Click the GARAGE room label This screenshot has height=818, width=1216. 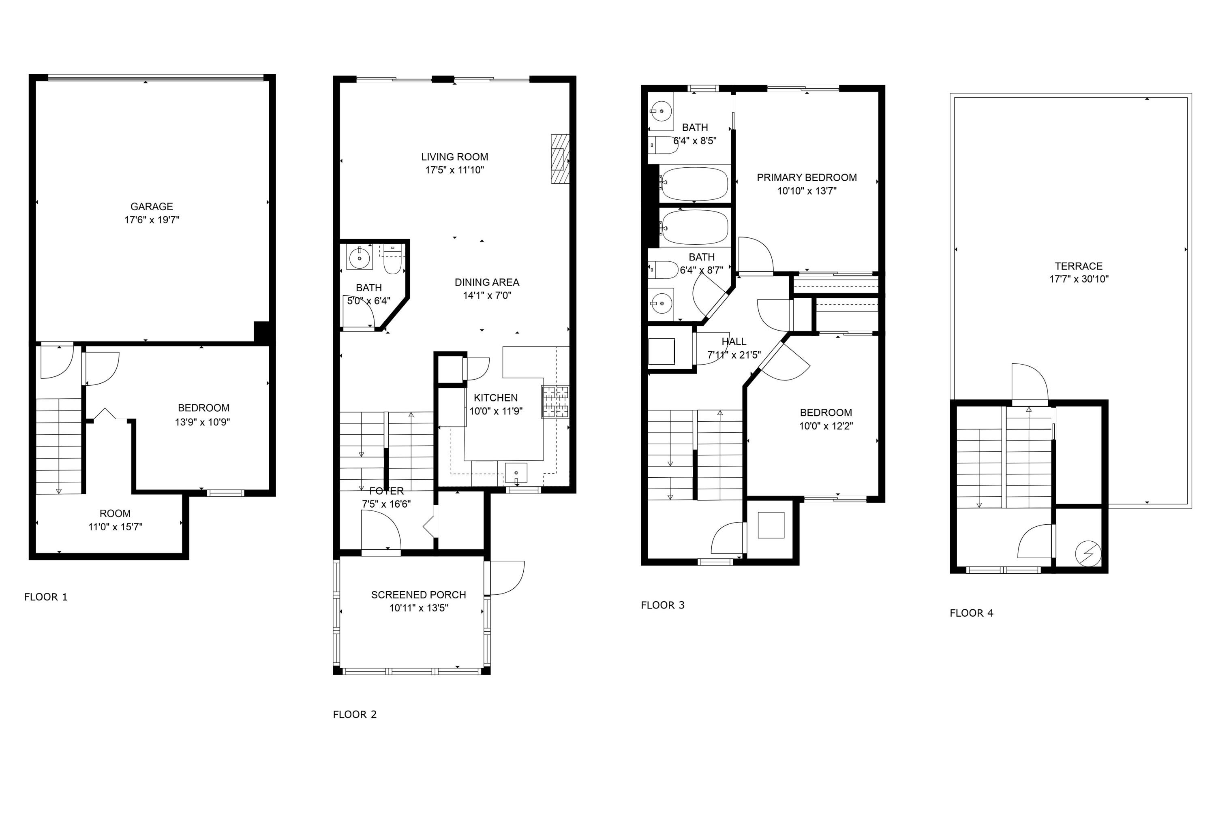pos(151,207)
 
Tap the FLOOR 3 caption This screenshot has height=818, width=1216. pos(662,605)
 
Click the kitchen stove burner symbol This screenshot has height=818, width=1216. pos(555,402)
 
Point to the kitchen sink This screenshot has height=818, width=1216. pos(516,473)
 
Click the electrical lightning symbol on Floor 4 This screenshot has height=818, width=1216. pos(1088,554)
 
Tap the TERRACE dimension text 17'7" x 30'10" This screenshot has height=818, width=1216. pos(1079,279)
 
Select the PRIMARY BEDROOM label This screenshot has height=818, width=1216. pos(806,177)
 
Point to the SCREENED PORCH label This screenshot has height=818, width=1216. pos(418,595)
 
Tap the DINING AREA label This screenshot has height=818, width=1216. pos(486,282)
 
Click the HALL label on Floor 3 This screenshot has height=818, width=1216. pos(734,342)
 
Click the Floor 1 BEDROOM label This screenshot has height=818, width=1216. pos(203,408)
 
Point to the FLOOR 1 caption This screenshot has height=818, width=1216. pos(45,597)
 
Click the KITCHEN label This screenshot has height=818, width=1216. pos(495,397)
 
